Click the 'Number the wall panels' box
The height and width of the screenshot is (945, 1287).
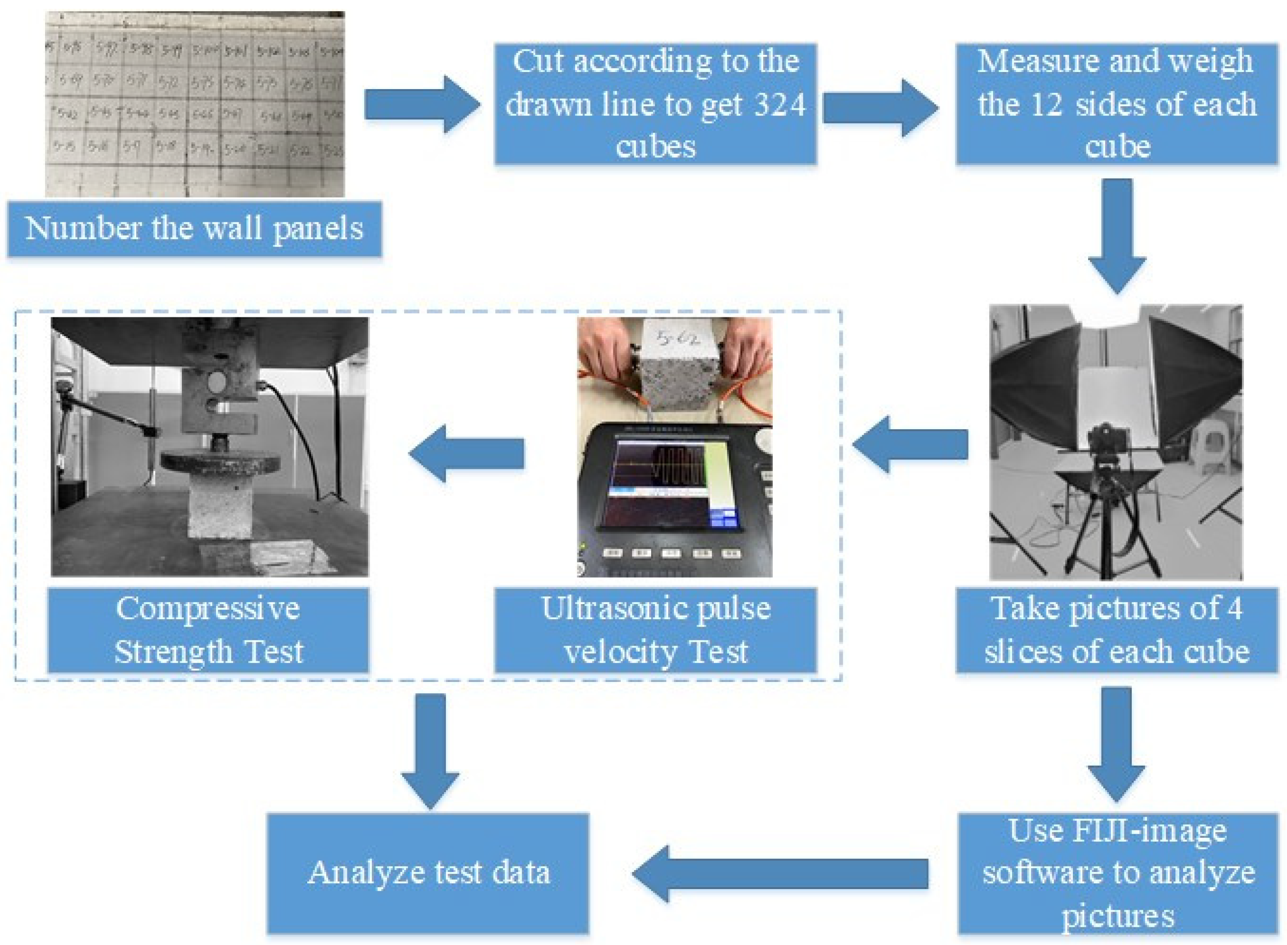(x=194, y=228)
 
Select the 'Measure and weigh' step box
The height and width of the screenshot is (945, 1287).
(x=1116, y=104)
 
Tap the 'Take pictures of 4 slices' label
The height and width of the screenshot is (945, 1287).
(x=1116, y=630)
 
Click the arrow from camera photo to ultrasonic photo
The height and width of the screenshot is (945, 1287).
(x=909, y=444)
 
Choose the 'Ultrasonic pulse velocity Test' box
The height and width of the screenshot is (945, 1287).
(x=656, y=630)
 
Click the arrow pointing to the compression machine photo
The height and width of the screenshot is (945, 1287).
(x=466, y=454)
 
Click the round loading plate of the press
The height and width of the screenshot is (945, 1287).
(x=220, y=461)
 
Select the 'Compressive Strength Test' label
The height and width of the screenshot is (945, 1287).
(x=208, y=630)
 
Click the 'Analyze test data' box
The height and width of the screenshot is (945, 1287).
(x=428, y=873)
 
